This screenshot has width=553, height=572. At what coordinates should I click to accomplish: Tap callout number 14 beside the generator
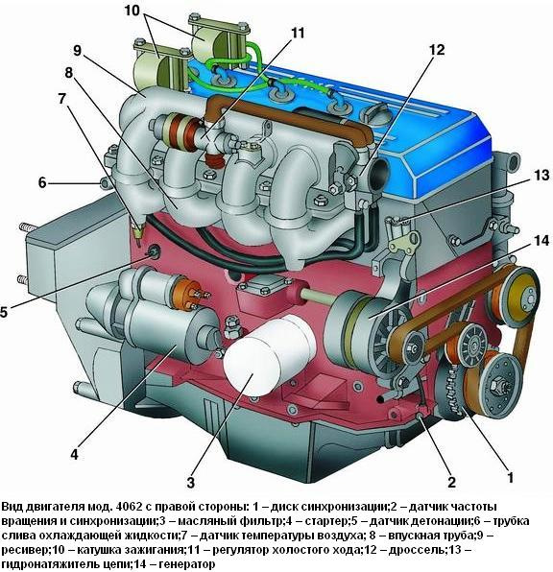point(541,241)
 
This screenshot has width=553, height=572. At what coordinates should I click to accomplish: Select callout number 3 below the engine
point(191,483)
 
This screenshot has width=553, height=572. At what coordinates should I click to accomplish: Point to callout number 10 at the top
point(132,11)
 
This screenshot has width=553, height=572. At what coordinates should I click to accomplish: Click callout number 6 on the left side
point(42,182)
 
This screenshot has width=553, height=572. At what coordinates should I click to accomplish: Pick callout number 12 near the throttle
point(437,50)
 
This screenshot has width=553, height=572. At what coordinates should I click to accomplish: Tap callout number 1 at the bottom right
point(511,478)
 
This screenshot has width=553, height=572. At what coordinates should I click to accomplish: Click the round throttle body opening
point(379,173)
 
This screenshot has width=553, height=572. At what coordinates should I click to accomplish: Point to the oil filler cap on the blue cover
point(374,114)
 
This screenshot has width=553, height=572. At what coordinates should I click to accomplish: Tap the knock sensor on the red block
point(153,251)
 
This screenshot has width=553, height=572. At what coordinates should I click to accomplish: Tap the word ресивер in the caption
point(25,550)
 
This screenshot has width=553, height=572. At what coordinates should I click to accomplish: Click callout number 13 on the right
point(541,175)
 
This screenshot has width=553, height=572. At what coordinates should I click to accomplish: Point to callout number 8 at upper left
point(68,73)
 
